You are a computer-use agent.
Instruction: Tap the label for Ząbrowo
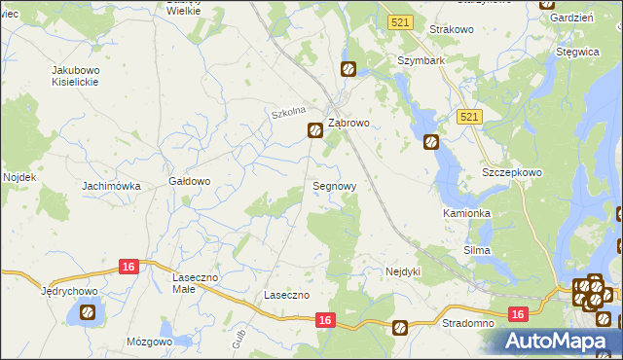click(348, 124)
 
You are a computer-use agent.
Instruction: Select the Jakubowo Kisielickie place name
click(84, 77)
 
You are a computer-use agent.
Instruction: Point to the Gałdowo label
click(190, 181)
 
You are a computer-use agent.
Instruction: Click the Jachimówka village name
click(112, 185)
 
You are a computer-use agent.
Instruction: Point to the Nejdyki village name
click(403, 271)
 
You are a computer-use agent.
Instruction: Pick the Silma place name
click(476, 250)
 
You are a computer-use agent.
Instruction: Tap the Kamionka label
click(466, 212)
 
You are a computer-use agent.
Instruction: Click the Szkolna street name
click(289, 114)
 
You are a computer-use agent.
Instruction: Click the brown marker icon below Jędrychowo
click(88, 312)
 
